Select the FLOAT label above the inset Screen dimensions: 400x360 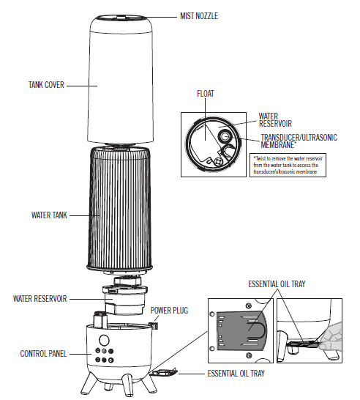coord(206,94)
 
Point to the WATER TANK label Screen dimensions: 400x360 coord(50,215)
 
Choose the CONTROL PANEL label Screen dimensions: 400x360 coord(43,354)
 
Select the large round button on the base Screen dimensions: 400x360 coord(105,341)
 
